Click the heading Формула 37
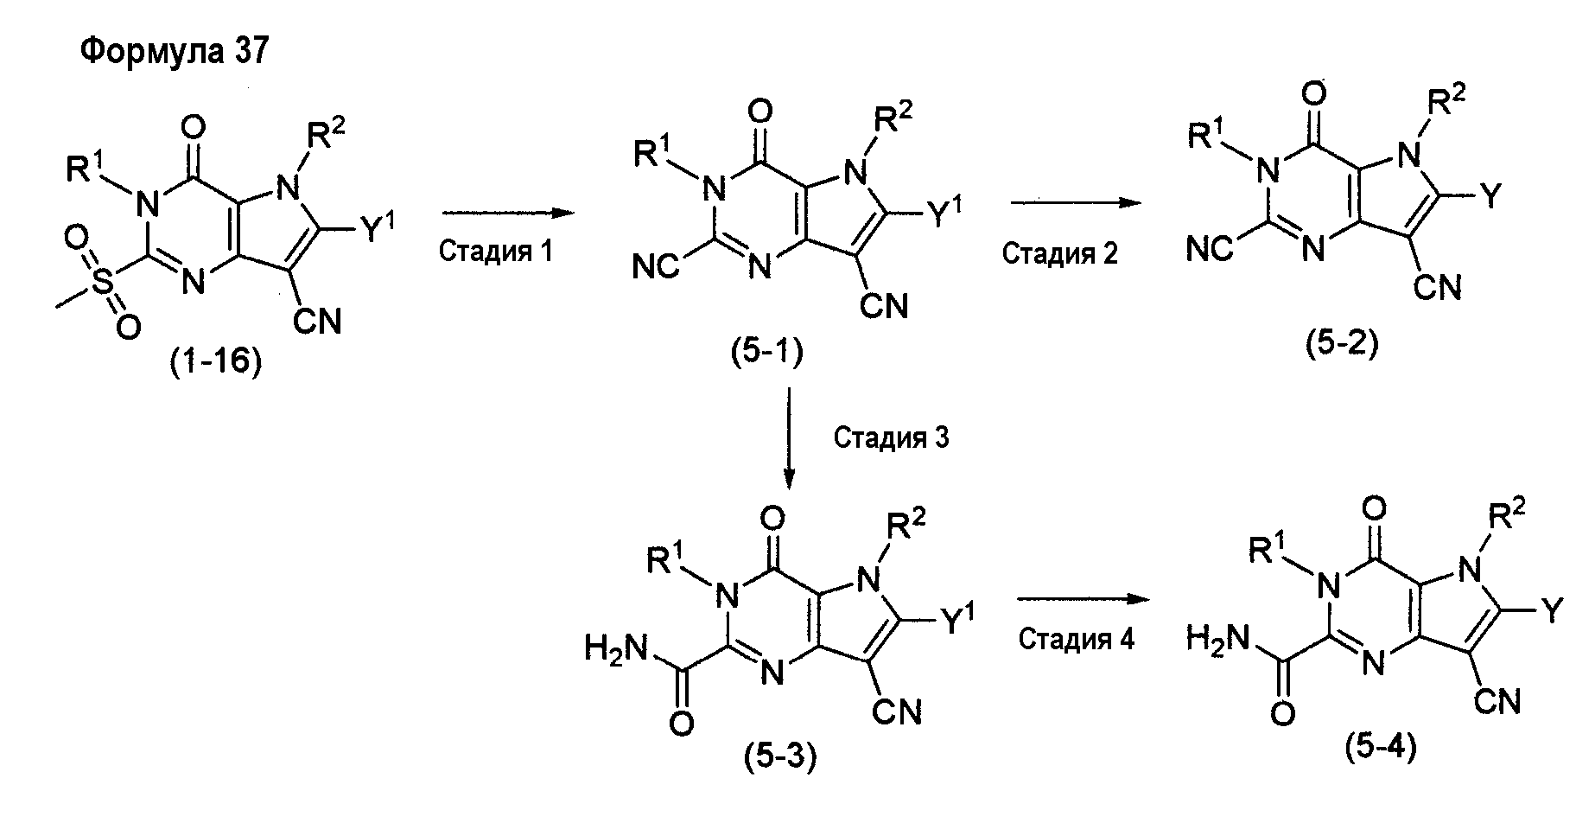(x=175, y=52)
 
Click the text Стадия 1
(x=495, y=251)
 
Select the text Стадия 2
(x=1059, y=253)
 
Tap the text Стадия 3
(x=891, y=437)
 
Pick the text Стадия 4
(x=1076, y=639)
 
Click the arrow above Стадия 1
(x=496, y=212)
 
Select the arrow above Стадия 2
(x=1071, y=203)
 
